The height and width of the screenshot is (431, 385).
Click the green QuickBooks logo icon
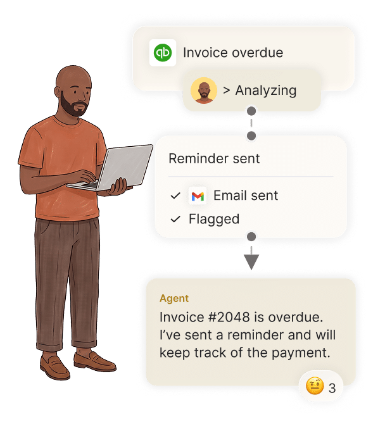(163, 53)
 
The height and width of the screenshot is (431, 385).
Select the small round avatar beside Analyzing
(204, 91)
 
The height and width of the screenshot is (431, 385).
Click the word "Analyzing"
(266, 91)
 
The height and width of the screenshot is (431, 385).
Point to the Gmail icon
(198, 196)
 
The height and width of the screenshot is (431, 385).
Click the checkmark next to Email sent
(175, 196)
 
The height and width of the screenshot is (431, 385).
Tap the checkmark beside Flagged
(175, 219)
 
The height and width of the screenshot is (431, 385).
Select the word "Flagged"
(214, 220)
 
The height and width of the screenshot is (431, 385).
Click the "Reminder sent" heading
(214, 159)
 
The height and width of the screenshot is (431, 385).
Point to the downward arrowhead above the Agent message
(251, 261)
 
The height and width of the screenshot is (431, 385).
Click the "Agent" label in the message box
(174, 299)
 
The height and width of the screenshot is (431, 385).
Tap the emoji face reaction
(315, 385)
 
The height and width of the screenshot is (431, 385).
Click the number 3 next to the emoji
(332, 388)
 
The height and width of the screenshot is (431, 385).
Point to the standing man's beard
(72, 105)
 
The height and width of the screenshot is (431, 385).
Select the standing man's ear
(58, 92)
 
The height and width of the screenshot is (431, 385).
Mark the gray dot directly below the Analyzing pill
(251, 111)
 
